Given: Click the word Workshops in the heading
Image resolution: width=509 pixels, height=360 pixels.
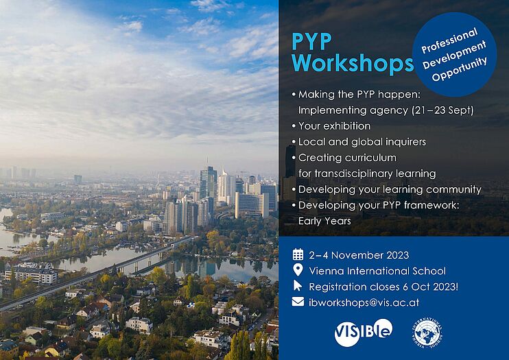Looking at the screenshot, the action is (353, 62).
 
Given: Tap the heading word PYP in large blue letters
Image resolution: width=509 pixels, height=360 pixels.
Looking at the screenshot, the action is (311, 41).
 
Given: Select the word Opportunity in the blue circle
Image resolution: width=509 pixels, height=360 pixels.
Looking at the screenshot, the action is (459, 69).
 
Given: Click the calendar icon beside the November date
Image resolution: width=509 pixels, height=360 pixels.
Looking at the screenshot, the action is (298, 254).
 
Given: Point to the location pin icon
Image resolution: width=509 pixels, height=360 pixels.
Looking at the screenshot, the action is (298, 270).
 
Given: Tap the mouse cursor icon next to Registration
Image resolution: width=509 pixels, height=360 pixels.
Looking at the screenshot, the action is (298, 286).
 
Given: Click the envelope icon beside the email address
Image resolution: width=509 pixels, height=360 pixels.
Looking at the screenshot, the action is (298, 302).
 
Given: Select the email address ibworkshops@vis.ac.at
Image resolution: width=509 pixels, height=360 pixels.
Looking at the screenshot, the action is (364, 302).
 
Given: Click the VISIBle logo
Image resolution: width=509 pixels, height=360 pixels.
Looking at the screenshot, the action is (364, 332).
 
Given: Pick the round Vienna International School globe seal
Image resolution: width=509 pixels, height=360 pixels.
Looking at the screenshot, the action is (427, 333).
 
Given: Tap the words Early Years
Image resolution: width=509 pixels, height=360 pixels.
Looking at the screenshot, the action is (324, 221).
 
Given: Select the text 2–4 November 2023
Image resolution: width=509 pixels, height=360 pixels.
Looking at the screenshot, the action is (359, 255).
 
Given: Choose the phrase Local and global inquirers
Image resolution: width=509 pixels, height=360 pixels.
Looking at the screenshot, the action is (362, 142).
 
